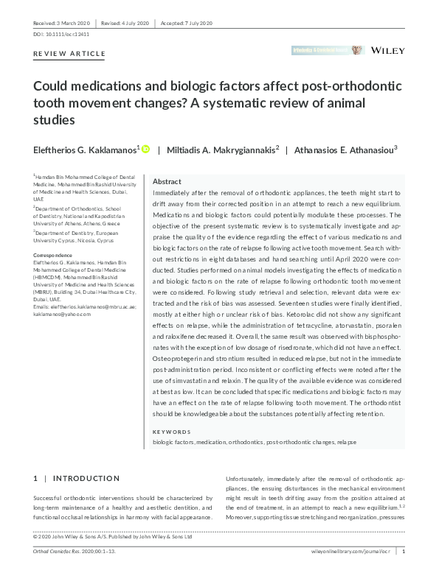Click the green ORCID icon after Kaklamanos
145,150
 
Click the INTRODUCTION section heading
86,479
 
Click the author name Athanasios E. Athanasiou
345,150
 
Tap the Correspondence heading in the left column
52,255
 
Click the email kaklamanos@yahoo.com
62,315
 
